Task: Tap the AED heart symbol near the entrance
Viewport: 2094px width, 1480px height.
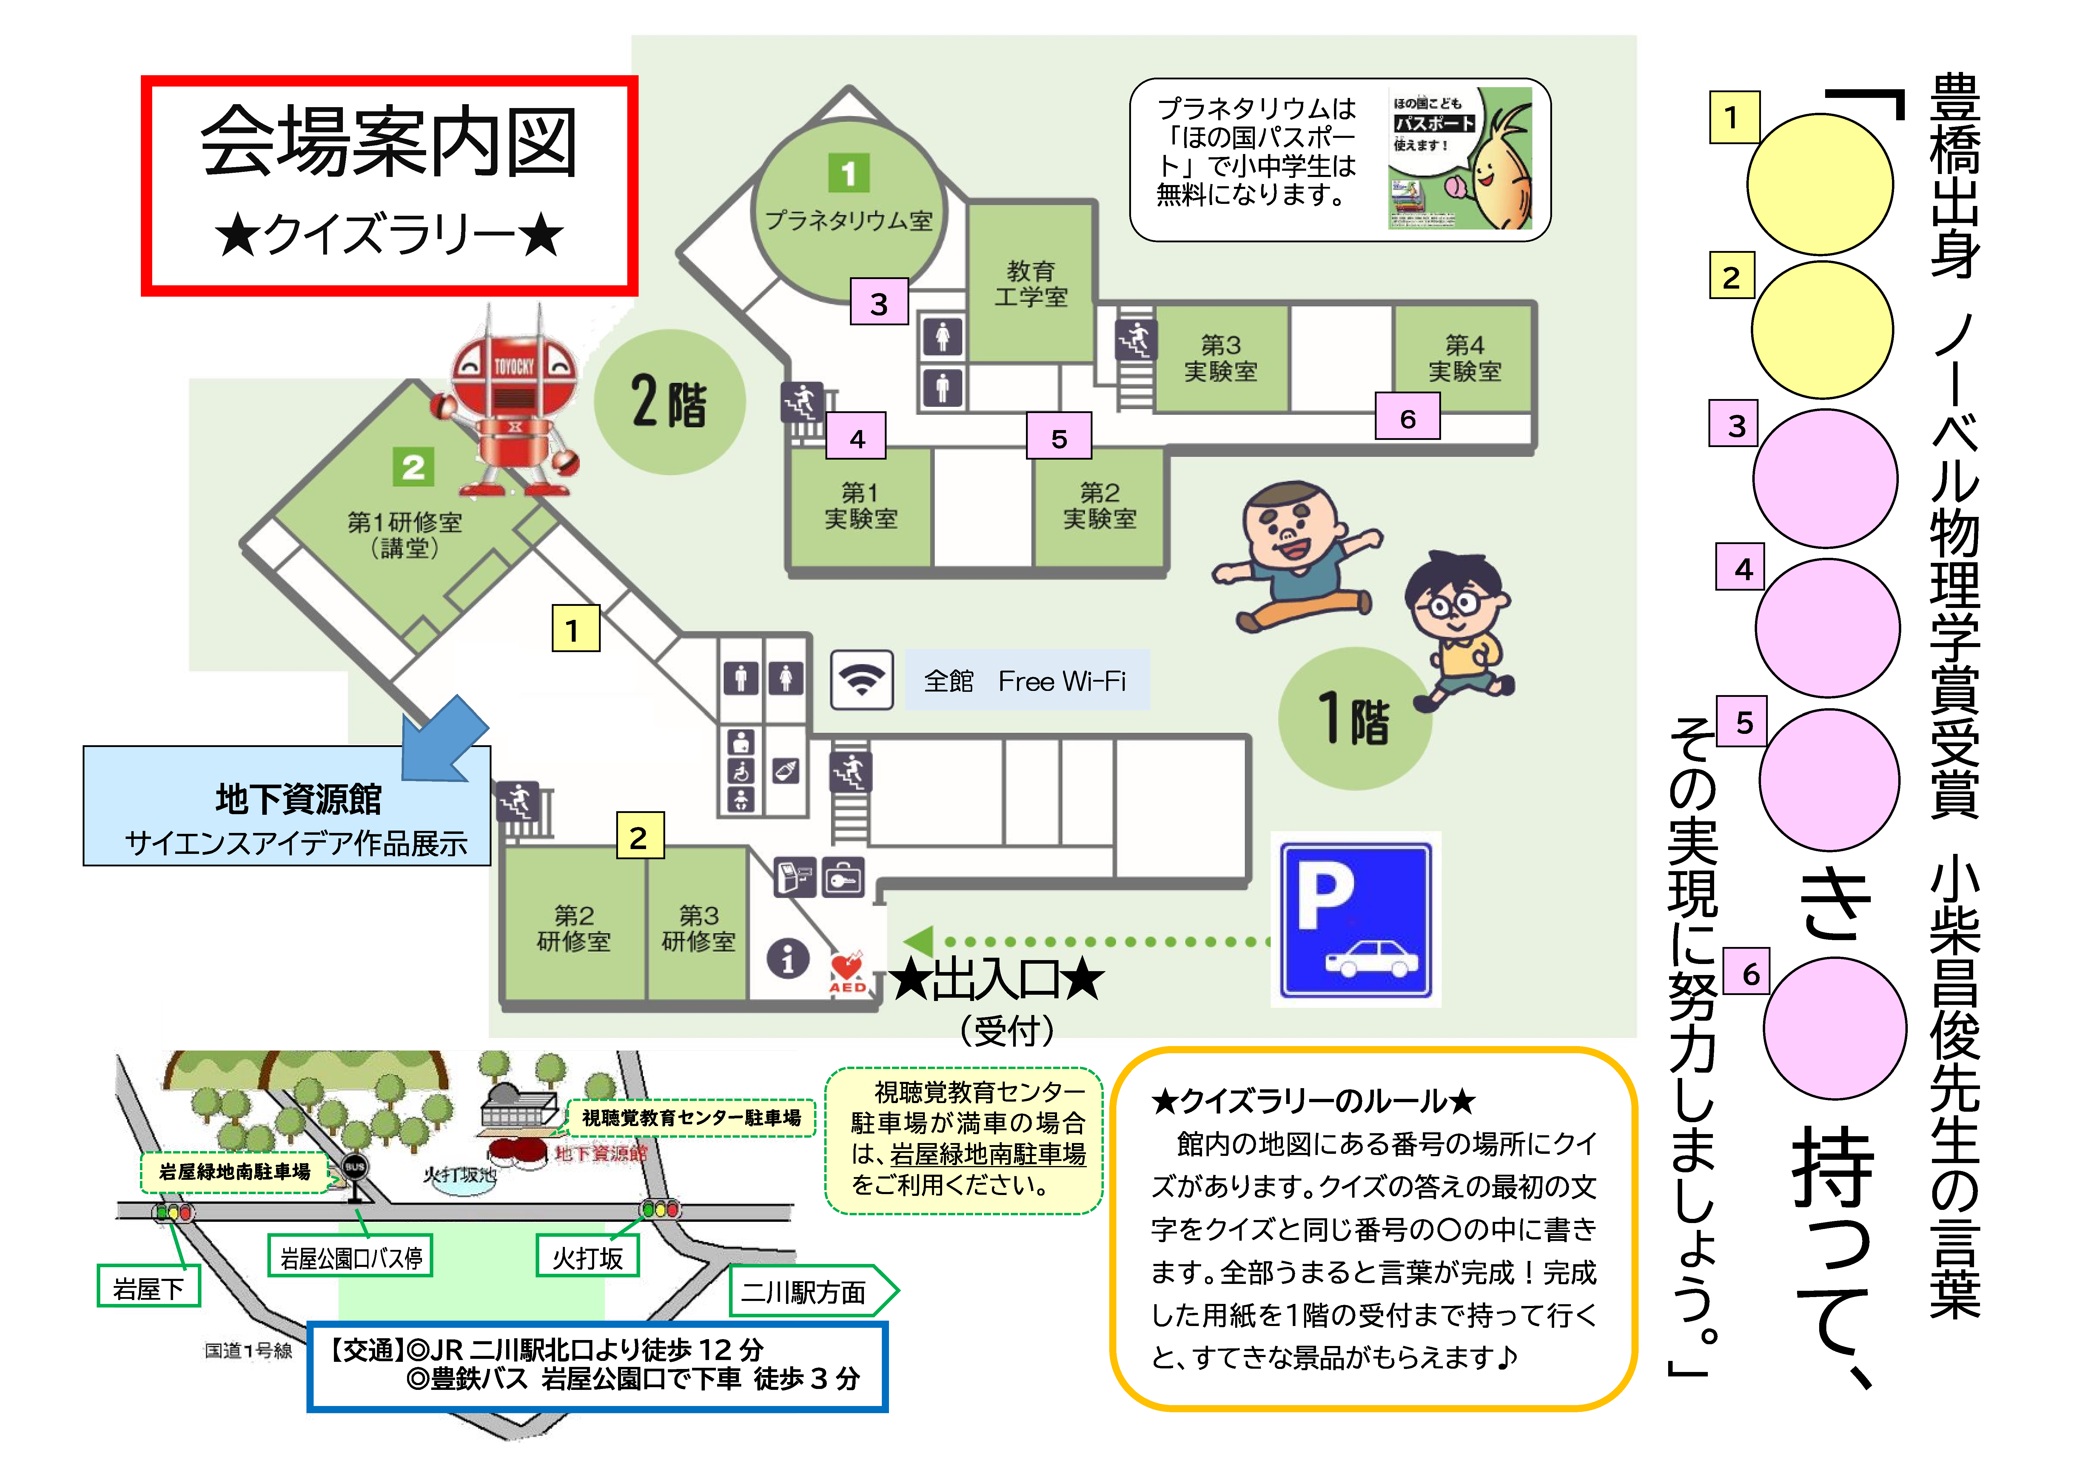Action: coord(846,968)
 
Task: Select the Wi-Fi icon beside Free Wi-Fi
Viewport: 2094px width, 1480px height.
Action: coord(861,679)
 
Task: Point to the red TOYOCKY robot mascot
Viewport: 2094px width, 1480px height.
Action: coord(514,401)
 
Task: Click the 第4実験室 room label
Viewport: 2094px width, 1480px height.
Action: coord(1464,358)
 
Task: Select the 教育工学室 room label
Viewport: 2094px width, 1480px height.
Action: coord(1030,284)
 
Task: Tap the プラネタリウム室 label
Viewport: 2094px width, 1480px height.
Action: coord(848,221)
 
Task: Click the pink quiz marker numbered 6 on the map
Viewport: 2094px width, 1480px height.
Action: coord(1407,418)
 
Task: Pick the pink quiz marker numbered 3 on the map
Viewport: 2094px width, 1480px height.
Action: coord(878,303)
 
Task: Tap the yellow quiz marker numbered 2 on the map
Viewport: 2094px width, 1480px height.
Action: coord(638,836)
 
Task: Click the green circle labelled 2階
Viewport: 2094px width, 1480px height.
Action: coord(669,402)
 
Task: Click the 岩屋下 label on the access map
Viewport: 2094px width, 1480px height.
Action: coord(148,1288)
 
